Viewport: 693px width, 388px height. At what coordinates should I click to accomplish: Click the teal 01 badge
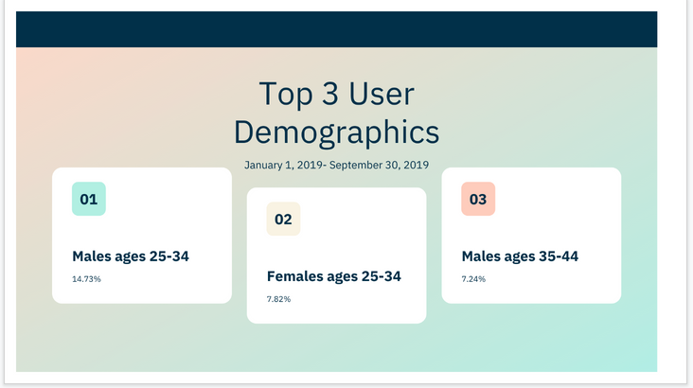coord(89,199)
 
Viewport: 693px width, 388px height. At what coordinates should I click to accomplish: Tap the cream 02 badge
coord(283,219)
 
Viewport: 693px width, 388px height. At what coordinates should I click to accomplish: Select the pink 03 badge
coord(478,199)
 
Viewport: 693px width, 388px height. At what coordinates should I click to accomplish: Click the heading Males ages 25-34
coord(131,256)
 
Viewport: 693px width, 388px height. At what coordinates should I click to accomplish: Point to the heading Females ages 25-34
coord(334,276)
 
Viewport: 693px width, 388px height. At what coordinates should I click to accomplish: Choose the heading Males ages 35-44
coord(520,256)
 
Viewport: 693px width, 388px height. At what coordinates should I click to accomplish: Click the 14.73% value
coord(87,279)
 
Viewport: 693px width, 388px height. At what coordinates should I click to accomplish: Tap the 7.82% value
coord(279,299)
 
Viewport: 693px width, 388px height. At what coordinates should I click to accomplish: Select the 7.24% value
coord(473,279)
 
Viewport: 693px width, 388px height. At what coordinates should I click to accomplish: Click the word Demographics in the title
coord(337,132)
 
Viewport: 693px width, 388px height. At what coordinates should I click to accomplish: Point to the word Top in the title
coord(286,94)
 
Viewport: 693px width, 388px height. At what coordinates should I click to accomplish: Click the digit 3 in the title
coord(330,94)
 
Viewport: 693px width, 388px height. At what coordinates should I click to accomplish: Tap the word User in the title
coord(382,94)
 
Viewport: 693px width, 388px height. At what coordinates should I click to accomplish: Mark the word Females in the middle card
coord(294,276)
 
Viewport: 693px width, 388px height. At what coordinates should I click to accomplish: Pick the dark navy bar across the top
coord(337,29)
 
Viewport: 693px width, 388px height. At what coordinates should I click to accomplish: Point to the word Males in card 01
coord(92,256)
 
